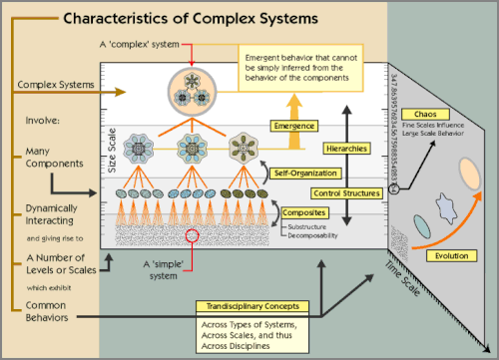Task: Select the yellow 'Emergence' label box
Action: [x=294, y=127]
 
